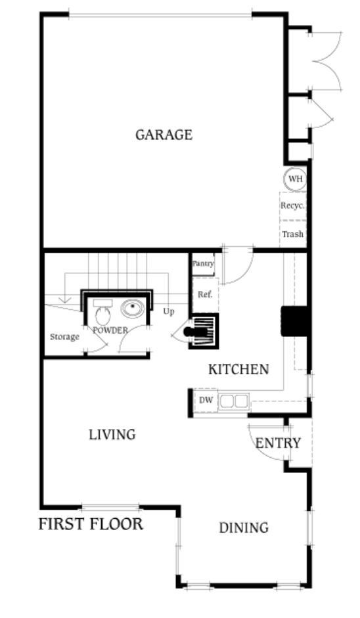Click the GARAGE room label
tap(164, 135)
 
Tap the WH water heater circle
tap(295, 178)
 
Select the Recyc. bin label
tap(292, 206)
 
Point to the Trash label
tap(292, 234)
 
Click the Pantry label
tap(203, 263)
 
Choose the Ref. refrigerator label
tap(205, 294)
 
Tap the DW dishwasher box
tap(206, 399)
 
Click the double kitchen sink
tap(234, 400)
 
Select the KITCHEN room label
tap(238, 369)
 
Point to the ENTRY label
tap(278, 443)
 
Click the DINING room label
tap(244, 527)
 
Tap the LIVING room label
tap(112, 435)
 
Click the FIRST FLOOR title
tap(91, 524)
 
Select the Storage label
tap(65, 337)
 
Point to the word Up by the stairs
tap(169, 311)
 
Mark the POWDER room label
tap(110, 330)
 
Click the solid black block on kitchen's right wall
tap(294, 321)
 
